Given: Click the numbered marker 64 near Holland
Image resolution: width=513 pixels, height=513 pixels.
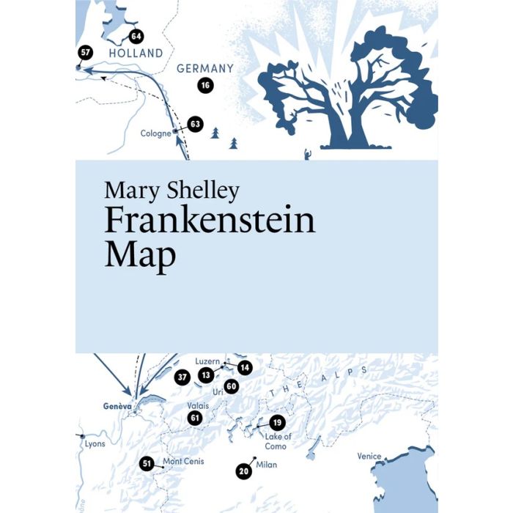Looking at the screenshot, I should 136,36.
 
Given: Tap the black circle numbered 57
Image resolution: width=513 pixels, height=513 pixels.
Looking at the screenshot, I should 86,52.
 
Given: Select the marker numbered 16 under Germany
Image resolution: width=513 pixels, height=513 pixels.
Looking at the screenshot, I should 205,86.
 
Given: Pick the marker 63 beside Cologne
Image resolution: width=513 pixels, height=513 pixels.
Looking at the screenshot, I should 194,124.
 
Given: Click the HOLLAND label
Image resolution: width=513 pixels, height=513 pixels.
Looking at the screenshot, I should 135,53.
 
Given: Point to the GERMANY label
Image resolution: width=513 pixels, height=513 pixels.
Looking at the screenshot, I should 205,69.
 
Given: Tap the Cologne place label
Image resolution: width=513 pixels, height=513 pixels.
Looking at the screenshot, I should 155,133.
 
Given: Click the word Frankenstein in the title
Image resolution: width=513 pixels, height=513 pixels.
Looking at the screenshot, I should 210,220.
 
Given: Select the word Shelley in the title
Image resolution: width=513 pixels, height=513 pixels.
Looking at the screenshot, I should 203,191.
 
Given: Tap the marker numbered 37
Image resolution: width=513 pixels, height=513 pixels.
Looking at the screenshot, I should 182,377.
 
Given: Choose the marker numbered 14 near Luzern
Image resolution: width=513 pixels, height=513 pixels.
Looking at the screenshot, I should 245,367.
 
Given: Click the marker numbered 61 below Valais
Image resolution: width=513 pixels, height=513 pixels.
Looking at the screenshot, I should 194,418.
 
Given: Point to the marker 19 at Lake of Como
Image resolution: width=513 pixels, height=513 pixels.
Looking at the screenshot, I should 276,422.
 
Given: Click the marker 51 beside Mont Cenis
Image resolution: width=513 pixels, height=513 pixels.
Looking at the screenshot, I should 147,463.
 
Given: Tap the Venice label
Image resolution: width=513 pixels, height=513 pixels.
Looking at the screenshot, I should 369,456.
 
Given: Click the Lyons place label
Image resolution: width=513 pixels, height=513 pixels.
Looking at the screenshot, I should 95,443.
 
